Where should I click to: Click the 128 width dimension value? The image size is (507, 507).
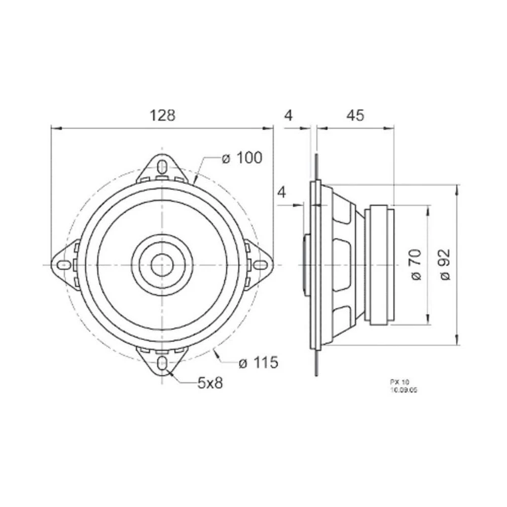pyautogui.click(x=162, y=116)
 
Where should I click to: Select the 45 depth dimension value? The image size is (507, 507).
pyautogui.click(x=355, y=116)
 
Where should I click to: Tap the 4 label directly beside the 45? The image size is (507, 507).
pyautogui.click(x=288, y=116)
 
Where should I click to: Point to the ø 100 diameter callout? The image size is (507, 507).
pyautogui.click(x=242, y=158)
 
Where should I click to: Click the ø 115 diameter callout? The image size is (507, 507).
pyautogui.click(x=258, y=363)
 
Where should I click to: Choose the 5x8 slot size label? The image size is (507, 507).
pyautogui.click(x=210, y=383)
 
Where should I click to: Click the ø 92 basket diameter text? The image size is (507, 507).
pyautogui.click(x=446, y=264)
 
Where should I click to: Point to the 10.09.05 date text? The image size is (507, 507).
pyautogui.click(x=400, y=390)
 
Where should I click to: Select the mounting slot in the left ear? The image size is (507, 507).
pyautogui.click(x=64, y=265)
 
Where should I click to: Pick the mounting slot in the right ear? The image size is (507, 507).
pyautogui.click(x=260, y=265)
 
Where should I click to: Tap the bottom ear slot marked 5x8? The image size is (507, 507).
pyautogui.click(x=162, y=363)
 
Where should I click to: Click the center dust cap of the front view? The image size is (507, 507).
pyautogui.click(x=162, y=265)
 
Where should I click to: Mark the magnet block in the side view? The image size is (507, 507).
pyautogui.click(x=381, y=265)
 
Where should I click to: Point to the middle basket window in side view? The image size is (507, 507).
pyautogui.click(x=346, y=265)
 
